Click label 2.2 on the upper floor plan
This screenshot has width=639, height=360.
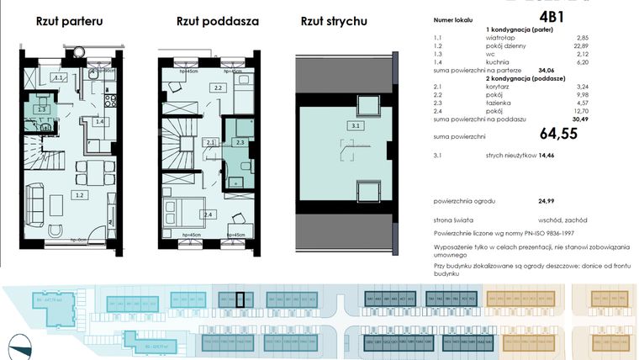click(216, 87)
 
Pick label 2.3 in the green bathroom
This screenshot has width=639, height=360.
click(240, 142)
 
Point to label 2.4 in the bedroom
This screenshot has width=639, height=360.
click(208, 214)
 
